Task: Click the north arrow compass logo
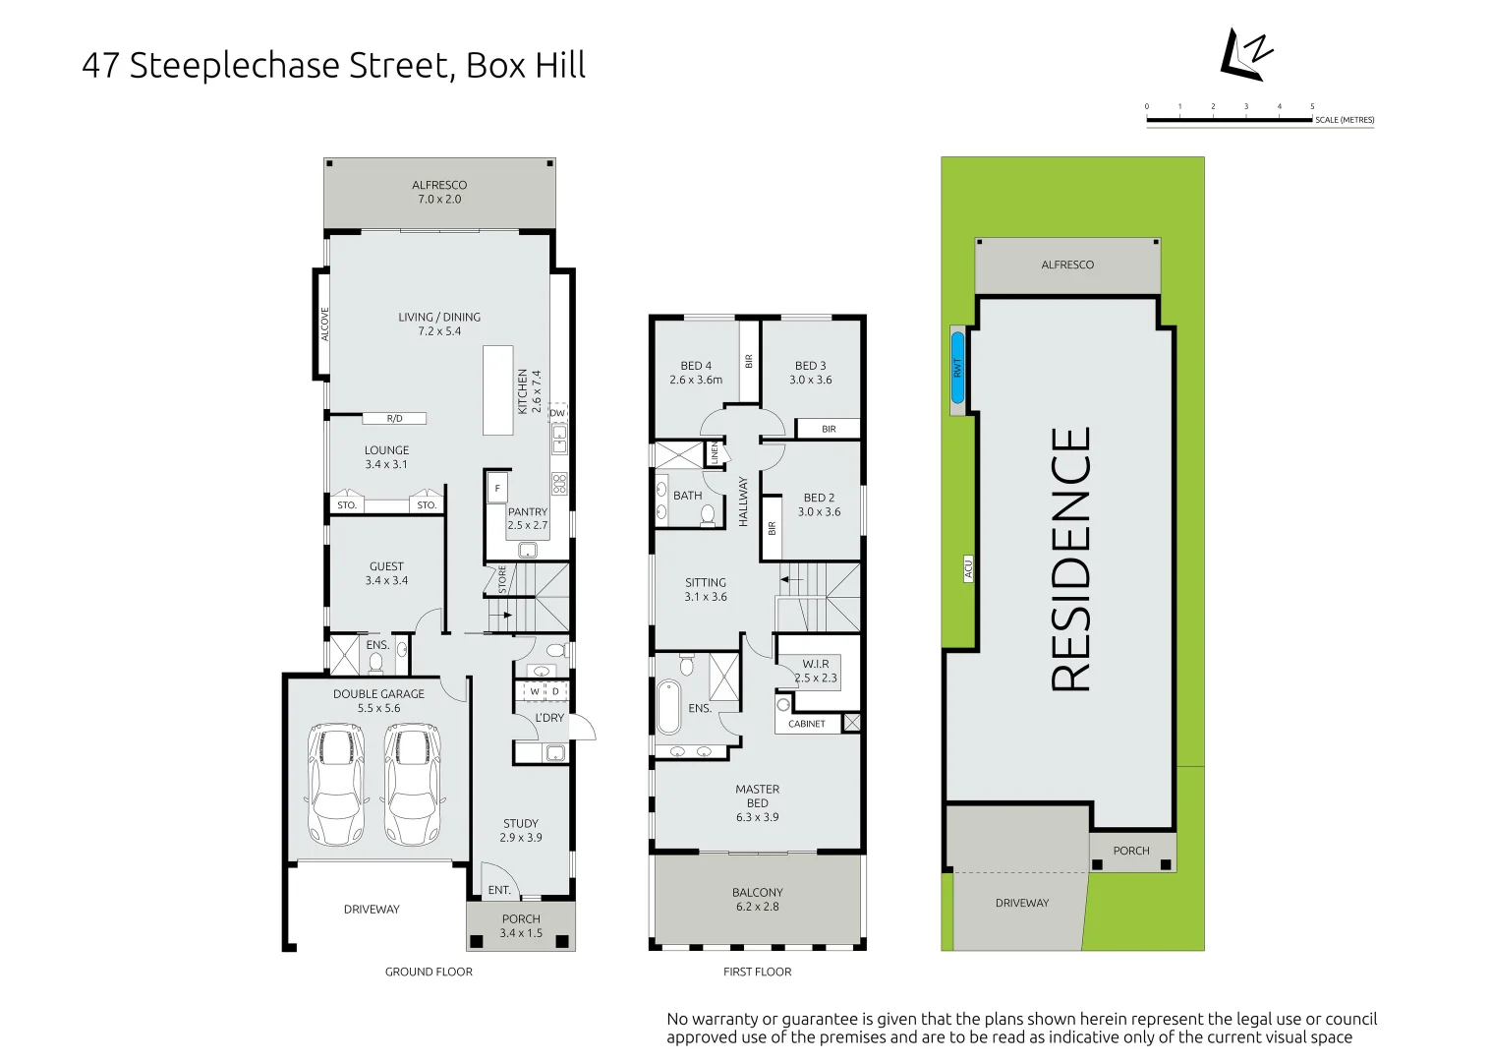pos(1245,55)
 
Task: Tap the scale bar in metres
pos(1230,120)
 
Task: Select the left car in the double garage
pos(336,784)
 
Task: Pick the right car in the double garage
pos(412,784)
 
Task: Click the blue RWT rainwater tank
pos(957,368)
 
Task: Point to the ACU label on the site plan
pos(968,568)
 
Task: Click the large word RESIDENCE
pos(1070,559)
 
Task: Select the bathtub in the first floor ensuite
pos(668,706)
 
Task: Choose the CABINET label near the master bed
pos(807,724)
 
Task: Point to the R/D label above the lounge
pos(394,418)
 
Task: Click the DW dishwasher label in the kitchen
pos(557,413)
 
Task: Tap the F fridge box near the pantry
pos(497,488)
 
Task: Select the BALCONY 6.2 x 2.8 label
pos(757,899)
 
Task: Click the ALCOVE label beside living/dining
pos(324,324)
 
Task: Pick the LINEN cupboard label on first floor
pos(715,453)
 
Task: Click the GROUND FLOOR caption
pos(429,972)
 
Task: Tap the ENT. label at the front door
pos(499,890)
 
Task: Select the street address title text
pos(333,66)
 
